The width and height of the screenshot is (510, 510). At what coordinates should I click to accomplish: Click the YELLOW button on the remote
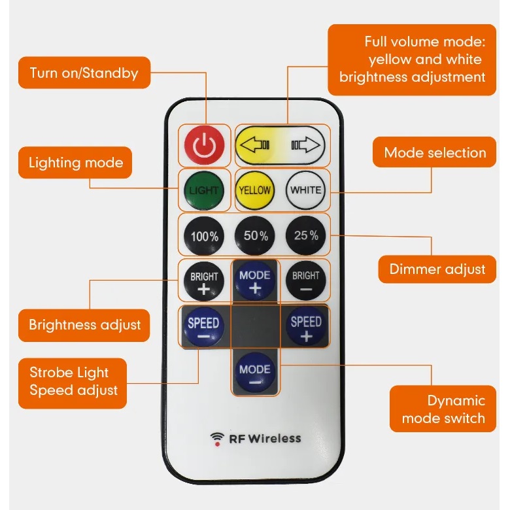point(254,190)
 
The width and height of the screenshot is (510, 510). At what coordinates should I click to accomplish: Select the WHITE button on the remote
point(306,190)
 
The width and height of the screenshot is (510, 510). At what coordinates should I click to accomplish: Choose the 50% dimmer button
point(255,235)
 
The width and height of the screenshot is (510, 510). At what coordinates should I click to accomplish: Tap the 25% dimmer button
point(306,235)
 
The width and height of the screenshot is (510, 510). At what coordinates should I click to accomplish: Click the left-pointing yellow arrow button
point(256,144)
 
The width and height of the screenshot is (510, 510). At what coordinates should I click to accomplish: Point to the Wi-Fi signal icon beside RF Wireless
point(216,439)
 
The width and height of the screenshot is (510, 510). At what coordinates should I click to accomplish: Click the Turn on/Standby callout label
point(84,73)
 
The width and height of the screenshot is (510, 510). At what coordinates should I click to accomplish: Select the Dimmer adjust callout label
point(437,269)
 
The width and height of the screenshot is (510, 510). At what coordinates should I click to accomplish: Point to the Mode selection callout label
point(435,153)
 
